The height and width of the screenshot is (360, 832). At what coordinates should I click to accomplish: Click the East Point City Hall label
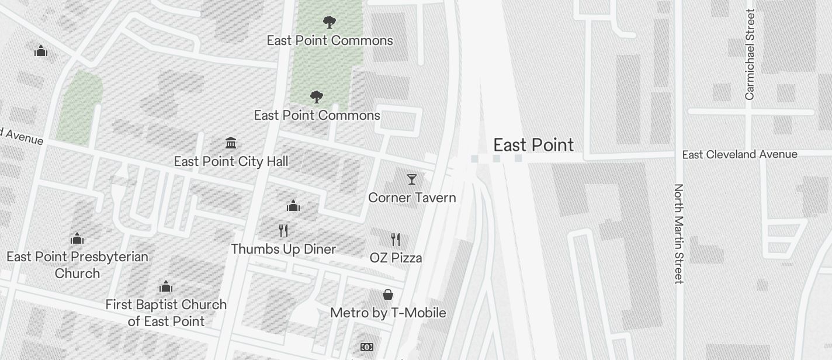[231, 161]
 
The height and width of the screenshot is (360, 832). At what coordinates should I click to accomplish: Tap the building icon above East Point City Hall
[231, 143]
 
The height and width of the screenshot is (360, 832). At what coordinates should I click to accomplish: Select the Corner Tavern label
[412, 198]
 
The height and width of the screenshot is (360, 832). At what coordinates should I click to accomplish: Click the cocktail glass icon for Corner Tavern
[412, 179]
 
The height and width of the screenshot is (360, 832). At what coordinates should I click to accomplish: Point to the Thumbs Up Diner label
[283, 249]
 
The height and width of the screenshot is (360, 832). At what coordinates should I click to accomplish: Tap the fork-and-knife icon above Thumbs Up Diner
[283, 230]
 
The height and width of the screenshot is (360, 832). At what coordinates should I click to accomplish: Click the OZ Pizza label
[396, 258]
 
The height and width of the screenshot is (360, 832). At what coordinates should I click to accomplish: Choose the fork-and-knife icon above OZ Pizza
[396, 239]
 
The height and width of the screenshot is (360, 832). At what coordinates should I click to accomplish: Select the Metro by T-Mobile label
[388, 313]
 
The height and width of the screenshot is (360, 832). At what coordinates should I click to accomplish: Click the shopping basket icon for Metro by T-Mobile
[387, 295]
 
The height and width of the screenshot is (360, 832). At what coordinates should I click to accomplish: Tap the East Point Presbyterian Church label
[77, 265]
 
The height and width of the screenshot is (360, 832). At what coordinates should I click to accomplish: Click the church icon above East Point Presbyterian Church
[77, 238]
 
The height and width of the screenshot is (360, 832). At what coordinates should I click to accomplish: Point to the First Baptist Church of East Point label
[166, 313]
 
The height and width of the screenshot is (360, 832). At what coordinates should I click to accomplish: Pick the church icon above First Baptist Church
[166, 286]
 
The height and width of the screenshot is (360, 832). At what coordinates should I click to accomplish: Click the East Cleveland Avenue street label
[740, 154]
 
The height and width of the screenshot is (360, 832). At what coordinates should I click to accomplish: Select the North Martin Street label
[678, 234]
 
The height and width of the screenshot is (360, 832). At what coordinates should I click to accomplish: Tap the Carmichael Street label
[750, 54]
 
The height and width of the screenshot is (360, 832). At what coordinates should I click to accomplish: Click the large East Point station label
[533, 145]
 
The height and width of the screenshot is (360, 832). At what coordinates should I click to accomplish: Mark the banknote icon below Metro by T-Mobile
[367, 347]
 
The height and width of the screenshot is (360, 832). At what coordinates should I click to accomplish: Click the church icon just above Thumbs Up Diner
[293, 206]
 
